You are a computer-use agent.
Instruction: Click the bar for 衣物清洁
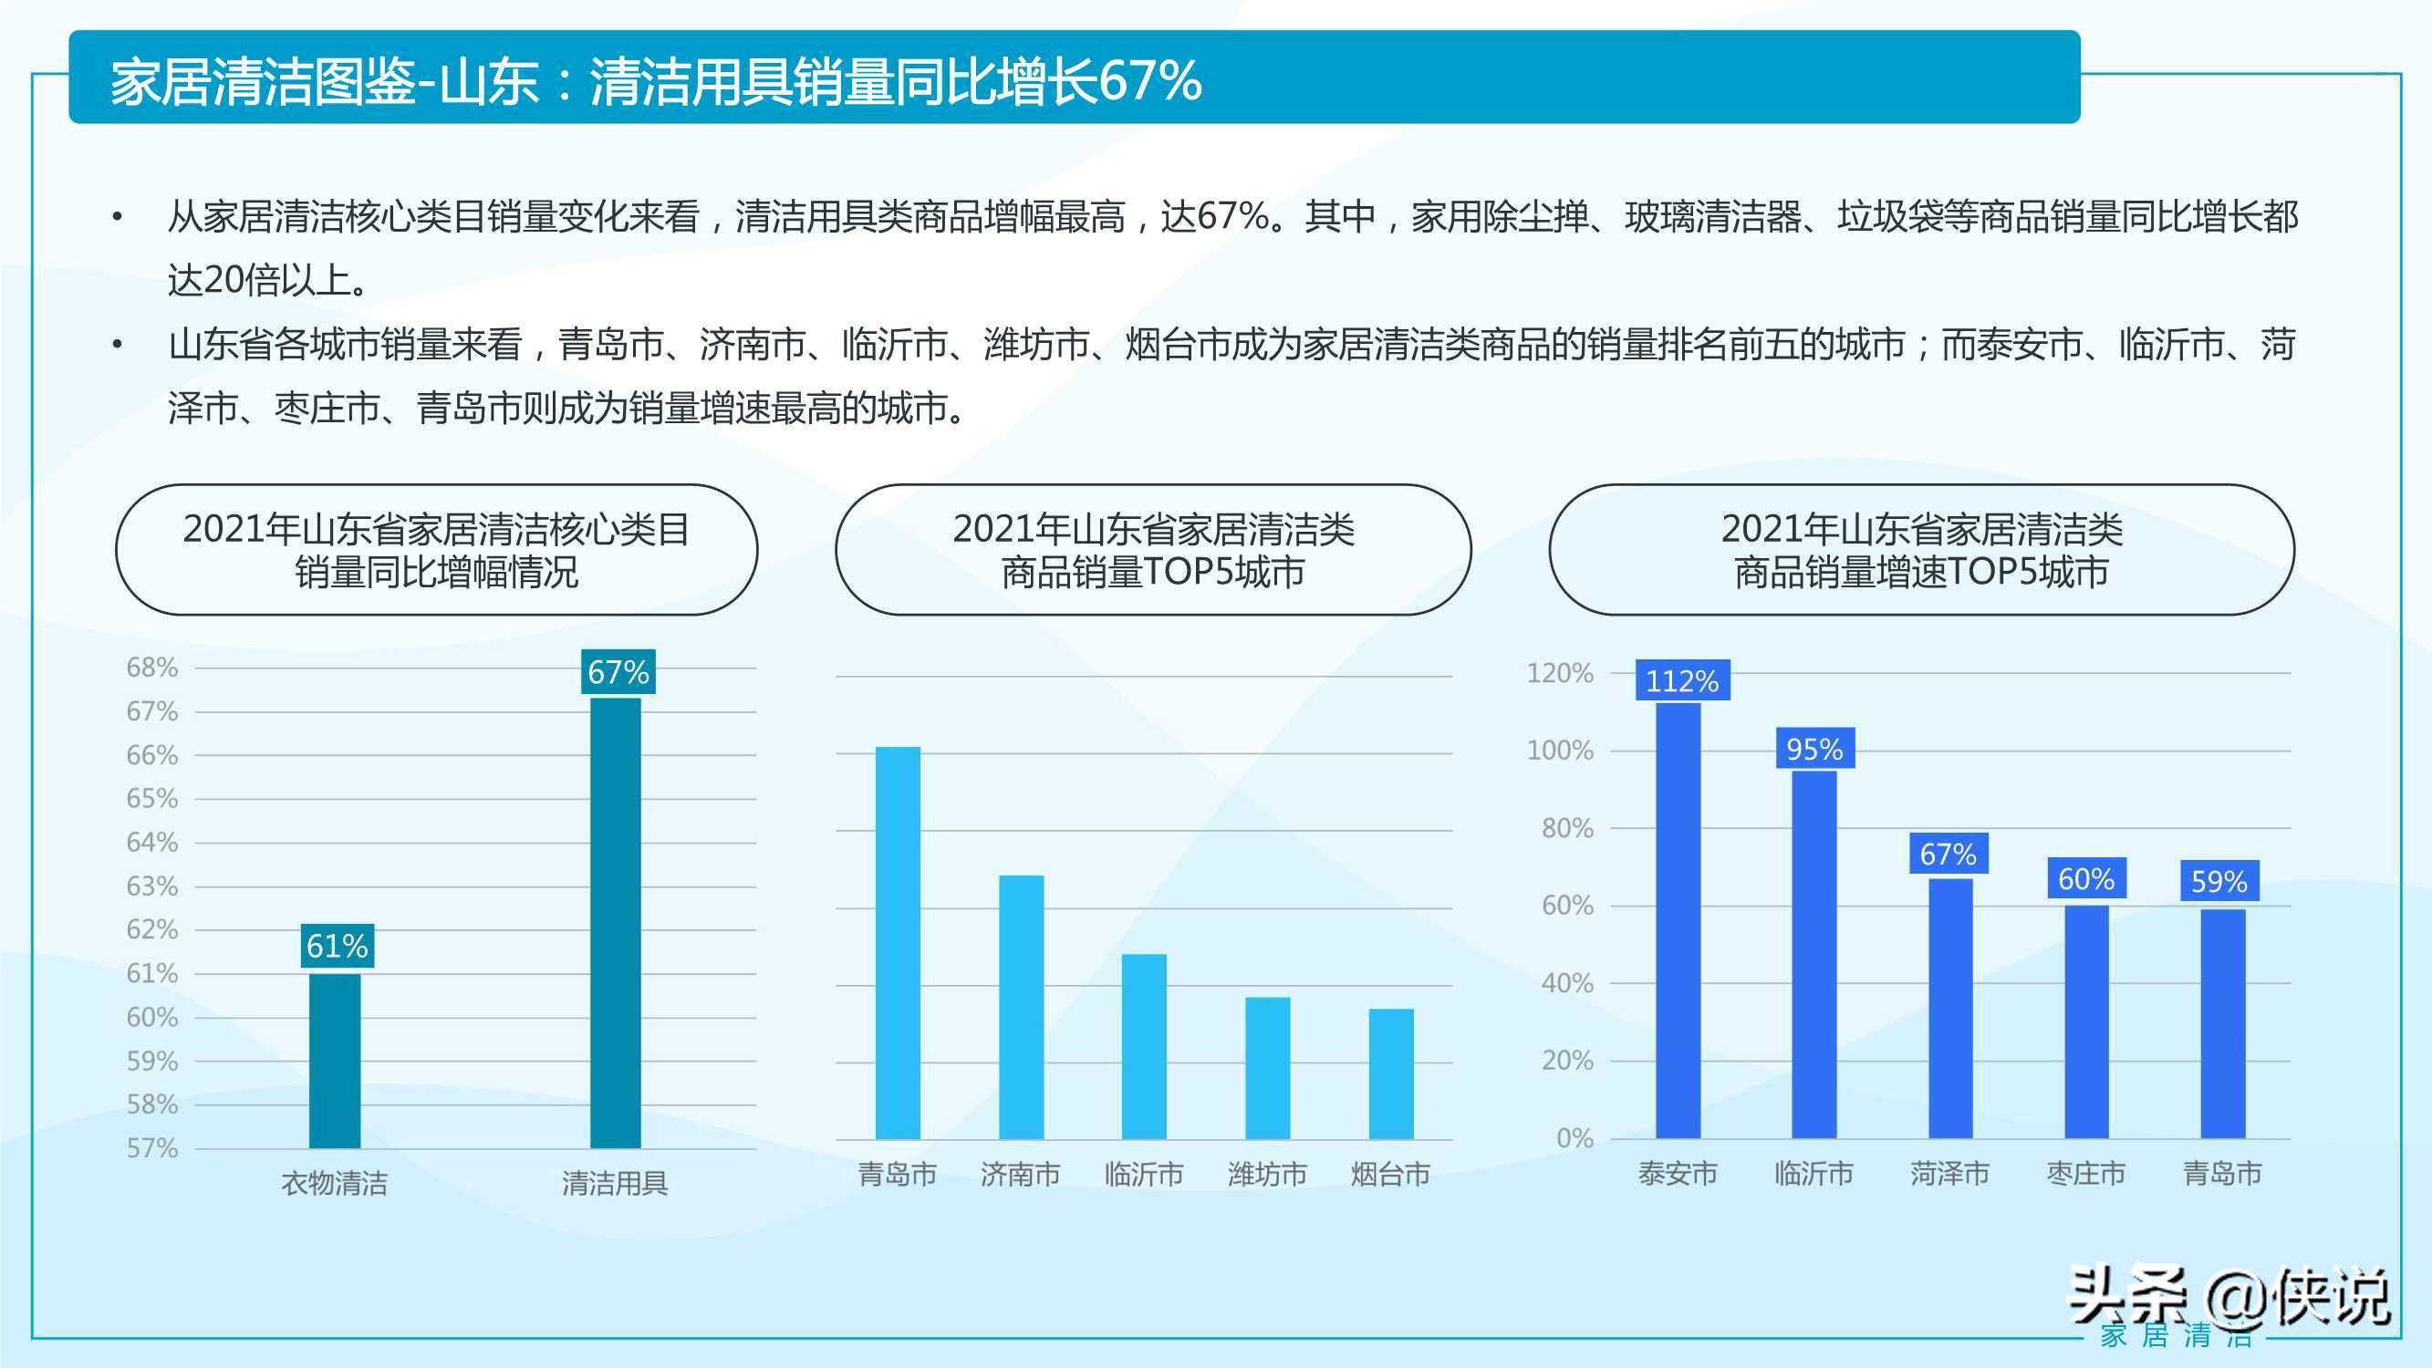point(334,1061)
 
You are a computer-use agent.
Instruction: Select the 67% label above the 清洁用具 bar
point(618,672)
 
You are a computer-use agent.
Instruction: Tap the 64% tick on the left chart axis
point(152,842)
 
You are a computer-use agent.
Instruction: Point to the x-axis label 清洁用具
point(615,1183)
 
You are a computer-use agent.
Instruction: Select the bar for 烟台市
point(1390,1073)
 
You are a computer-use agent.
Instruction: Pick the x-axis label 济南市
point(1021,1174)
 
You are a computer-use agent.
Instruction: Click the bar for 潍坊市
point(1267,1068)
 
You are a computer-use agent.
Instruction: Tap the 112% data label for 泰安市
point(1681,680)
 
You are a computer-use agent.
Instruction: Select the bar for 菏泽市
point(1949,1008)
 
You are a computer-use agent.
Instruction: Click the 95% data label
point(1814,749)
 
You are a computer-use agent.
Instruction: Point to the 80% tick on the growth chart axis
point(1567,829)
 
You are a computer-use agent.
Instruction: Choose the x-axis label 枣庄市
point(2085,1174)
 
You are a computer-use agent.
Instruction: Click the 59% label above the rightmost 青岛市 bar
point(2219,882)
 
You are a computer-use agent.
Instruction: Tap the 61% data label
point(336,945)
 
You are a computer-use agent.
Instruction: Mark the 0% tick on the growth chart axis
point(1575,1138)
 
